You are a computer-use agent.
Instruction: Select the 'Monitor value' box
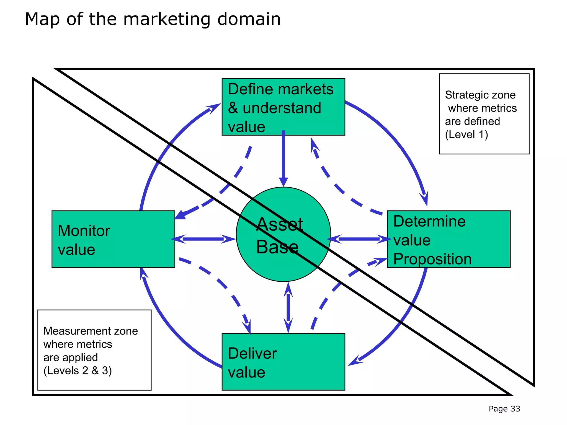113,239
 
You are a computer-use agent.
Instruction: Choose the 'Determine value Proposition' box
449,239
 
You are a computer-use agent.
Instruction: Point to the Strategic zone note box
484,114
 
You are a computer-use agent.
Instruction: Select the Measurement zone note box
94,350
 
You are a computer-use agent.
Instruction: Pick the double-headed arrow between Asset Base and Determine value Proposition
359,239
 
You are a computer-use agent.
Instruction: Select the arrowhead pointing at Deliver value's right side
354,361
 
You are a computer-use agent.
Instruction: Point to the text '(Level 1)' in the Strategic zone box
467,135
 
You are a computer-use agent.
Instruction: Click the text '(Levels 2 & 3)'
78,370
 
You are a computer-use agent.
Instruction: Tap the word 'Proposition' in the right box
432,259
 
